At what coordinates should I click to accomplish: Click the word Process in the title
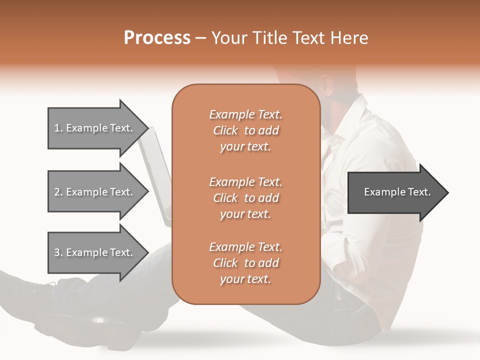tap(157, 38)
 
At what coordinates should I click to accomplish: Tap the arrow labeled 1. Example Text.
tap(95, 128)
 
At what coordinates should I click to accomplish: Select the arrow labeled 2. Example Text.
tap(95, 192)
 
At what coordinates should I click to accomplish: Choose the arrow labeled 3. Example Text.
tap(95, 252)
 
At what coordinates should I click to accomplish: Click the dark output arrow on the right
tap(395, 192)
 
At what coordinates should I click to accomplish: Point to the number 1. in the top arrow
tap(58, 128)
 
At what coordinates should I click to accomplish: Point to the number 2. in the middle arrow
tap(58, 192)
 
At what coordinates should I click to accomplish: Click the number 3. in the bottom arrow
tap(58, 252)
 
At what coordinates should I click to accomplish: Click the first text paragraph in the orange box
tap(245, 130)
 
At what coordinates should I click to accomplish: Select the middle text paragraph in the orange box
tap(245, 198)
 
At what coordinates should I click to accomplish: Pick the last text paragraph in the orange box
tap(245, 263)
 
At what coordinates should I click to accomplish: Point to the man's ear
tap(326, 85)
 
